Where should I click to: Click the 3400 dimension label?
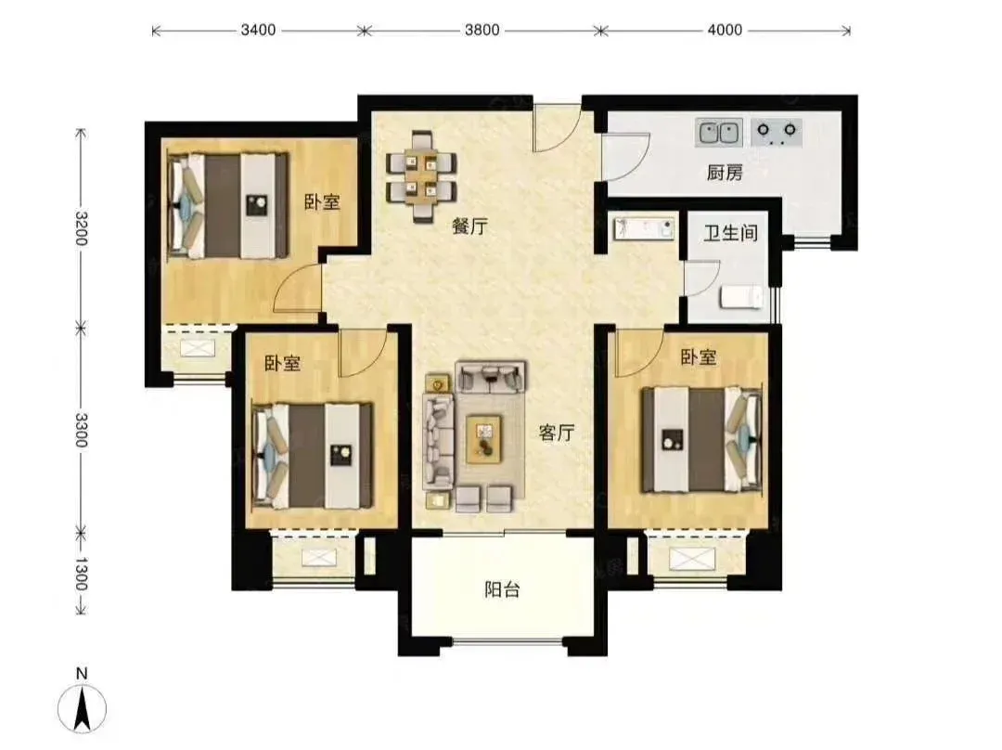[x=258, y=30]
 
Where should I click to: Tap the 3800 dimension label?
[x=482, y=30]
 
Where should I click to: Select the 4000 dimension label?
[x=725, y=30]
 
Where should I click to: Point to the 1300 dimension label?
[x=81, y=574]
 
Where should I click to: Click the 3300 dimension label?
[x=81, y=430]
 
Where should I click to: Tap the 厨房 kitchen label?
[x=725, y=173]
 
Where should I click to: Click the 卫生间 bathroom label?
[x=730, y=233]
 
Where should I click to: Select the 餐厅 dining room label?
[x=469, y=226]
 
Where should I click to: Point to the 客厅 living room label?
[x=557, y=433]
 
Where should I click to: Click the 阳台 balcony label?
[x=502, y=588]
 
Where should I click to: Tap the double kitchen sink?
[x=719, y=133]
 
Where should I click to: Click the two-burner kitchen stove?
[x=777, y=133]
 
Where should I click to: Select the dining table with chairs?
[x=421, y=176]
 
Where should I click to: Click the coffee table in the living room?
[x=484, y=439]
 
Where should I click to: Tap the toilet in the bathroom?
[x=741, y=297]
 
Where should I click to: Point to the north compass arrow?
[x=82, y=708]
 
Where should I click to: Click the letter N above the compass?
[x=81, y=673]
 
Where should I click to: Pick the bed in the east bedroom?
[x=701, y=439]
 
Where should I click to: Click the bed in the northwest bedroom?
[x=227, y=204]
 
